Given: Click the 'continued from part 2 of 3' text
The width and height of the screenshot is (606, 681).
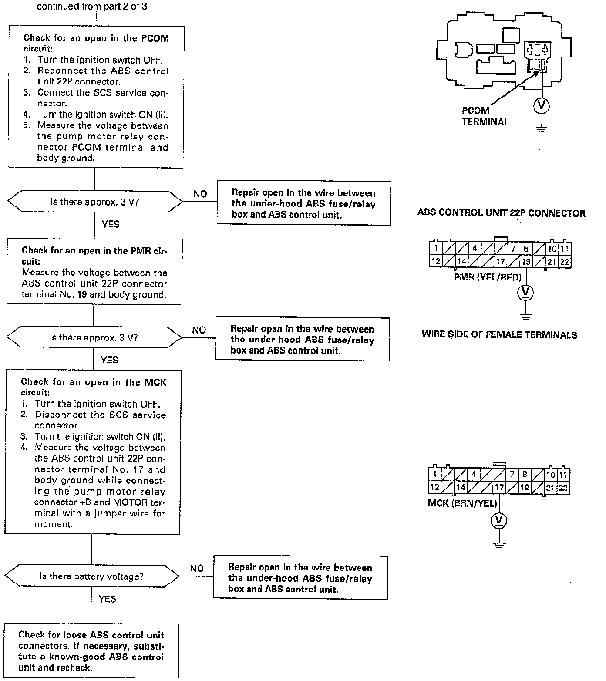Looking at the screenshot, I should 92,7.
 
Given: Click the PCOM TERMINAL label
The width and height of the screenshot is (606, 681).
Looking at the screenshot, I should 485,116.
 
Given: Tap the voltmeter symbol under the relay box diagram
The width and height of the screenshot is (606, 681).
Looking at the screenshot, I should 542,106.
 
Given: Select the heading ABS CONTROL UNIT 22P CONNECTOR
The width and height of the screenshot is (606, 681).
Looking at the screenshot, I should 501,213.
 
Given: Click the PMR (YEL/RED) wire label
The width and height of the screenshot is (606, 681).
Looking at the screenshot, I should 487,277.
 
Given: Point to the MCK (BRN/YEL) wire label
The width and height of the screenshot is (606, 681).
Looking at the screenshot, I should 462,503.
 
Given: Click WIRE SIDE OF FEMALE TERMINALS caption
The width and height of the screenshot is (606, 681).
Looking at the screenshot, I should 499,335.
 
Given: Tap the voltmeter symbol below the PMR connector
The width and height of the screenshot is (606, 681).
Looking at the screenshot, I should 525,292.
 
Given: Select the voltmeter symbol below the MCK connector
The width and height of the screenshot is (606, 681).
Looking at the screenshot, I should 499,520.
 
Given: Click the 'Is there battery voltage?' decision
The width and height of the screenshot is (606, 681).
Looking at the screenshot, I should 91,576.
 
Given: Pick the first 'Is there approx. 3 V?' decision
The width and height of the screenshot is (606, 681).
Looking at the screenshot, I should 95,202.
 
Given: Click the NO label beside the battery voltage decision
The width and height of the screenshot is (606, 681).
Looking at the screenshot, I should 197,569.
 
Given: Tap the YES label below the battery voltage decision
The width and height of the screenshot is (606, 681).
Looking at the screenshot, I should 107,599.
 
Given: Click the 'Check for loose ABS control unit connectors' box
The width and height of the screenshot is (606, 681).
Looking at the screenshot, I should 91,651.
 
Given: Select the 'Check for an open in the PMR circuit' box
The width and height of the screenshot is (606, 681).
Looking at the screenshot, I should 94,272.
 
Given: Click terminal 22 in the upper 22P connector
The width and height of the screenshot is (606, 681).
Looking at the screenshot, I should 565,262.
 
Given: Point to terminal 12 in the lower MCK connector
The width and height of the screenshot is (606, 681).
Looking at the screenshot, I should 434,488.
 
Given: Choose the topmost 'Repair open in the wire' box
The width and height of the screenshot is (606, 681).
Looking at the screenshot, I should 303,203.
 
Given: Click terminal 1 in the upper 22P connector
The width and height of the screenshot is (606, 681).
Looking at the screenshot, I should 435,249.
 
